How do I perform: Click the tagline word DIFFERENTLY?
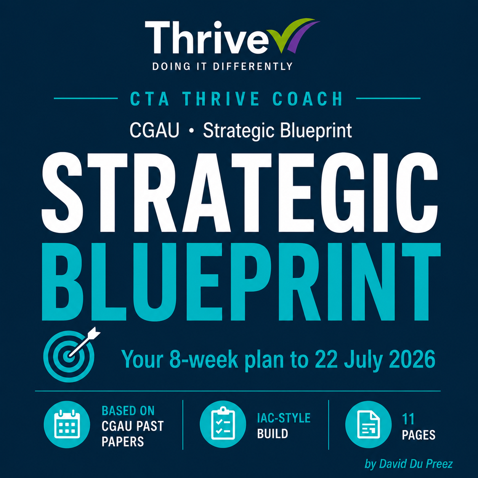tap(253, 66)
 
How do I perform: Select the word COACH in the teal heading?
tap(308, 99)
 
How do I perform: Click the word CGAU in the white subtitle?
tap(154, 130)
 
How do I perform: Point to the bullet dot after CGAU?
tap(191, 131)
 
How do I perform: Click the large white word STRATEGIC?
tap(240, 193)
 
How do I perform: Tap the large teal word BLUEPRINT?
tap(241, 282)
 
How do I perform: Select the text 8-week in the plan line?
tap(204, 359)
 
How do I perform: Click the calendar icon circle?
tap(67, 424)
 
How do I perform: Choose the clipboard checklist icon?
tap(223, 424)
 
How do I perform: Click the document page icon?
tap(368, 424)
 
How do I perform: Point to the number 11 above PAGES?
tap(408, 419)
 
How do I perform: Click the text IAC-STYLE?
tap(284, 418)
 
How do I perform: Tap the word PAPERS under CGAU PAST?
tap(123, 442)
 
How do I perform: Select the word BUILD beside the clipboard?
tap(273, 434)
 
